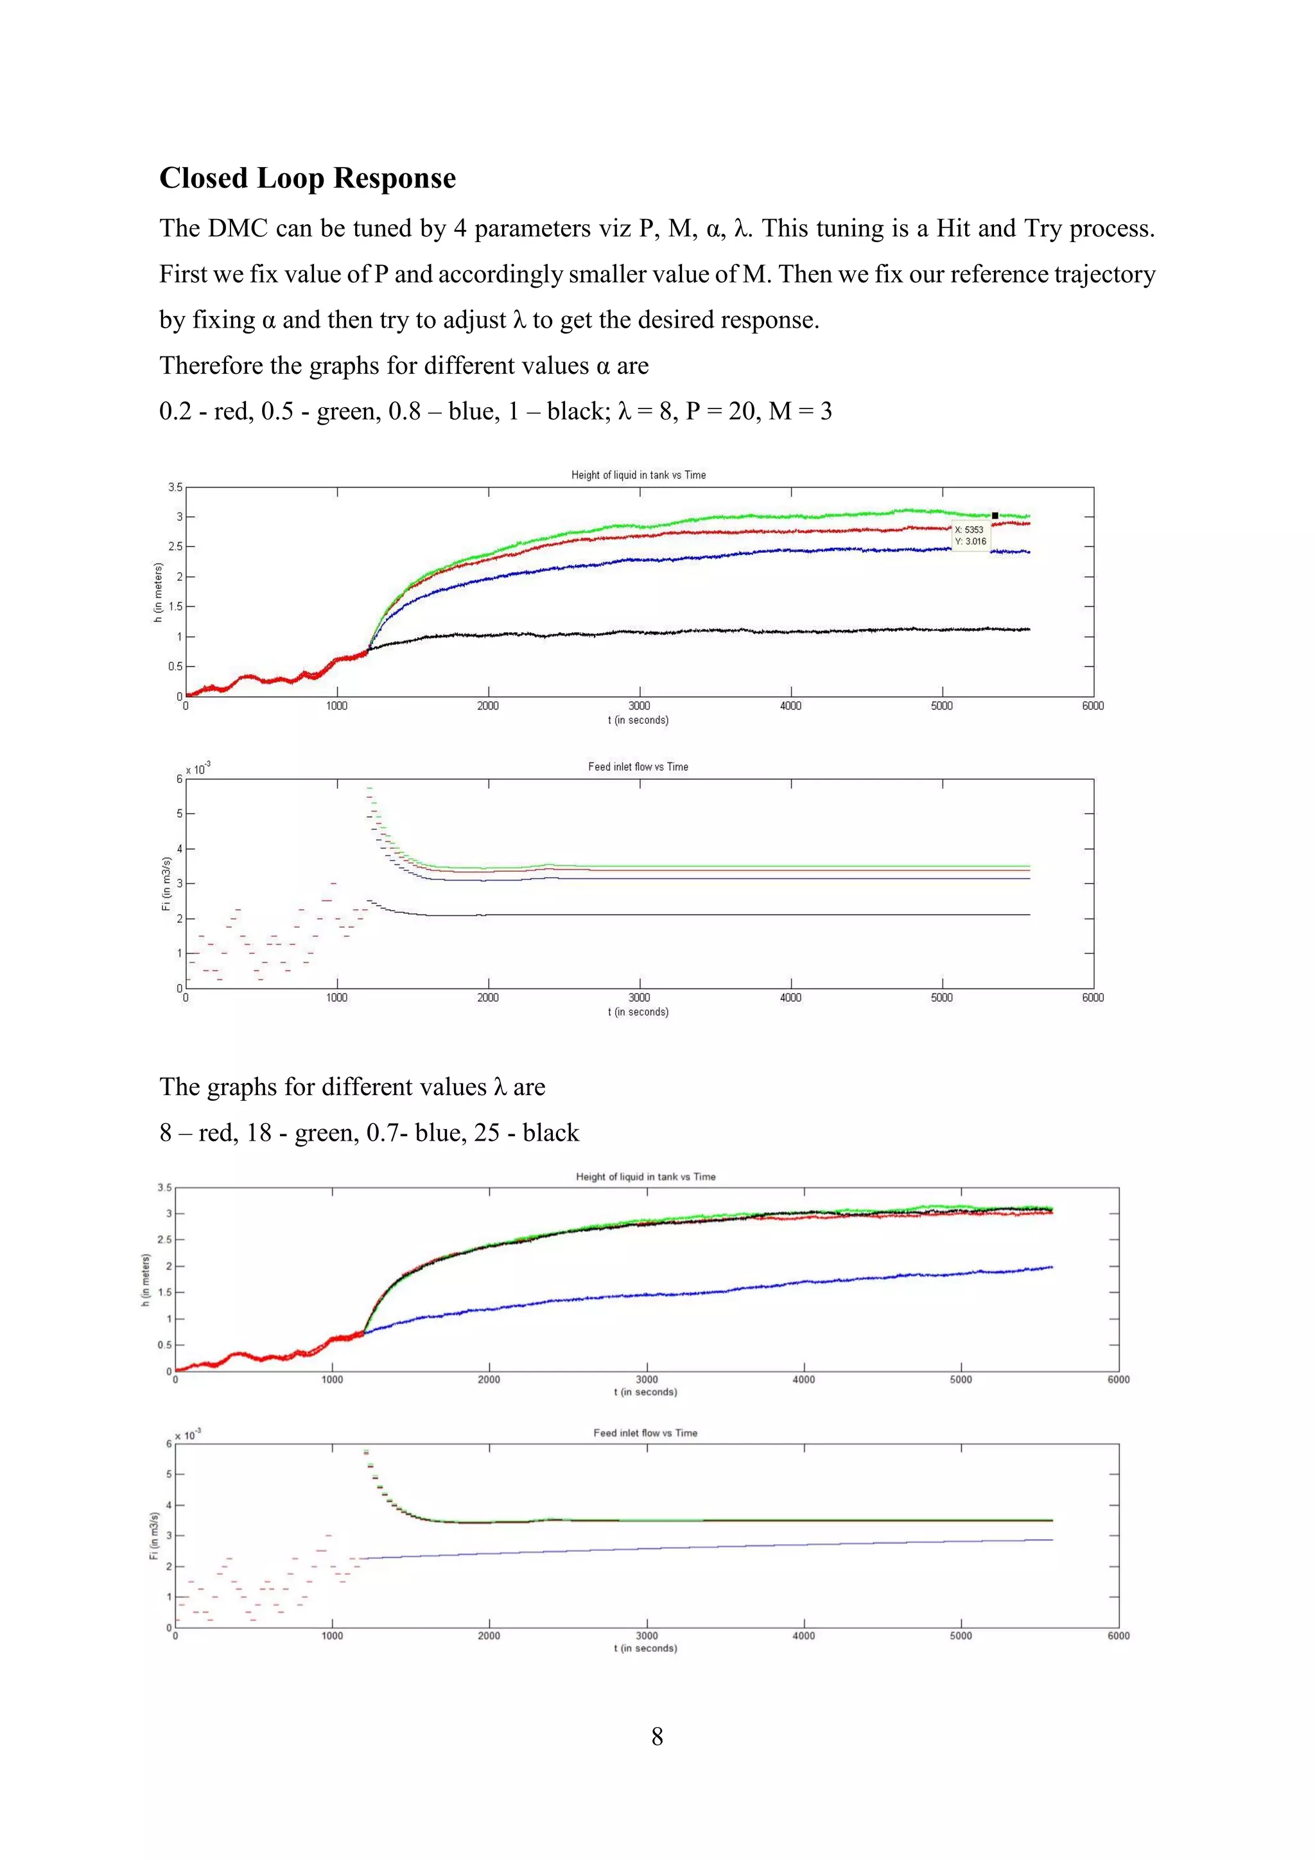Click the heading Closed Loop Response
click(307, 178)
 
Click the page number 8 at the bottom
click(657, 1736)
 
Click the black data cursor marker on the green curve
click(995, 515)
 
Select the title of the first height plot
click(638, 475)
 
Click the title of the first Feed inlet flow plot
click(638, 766)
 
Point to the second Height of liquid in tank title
click(645, 1176)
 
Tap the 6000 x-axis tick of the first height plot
click(1093, 706)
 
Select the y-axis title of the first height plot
click(158, 592)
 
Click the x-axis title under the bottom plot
click(645, 1648)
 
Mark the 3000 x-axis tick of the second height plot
click(646, 1379)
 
